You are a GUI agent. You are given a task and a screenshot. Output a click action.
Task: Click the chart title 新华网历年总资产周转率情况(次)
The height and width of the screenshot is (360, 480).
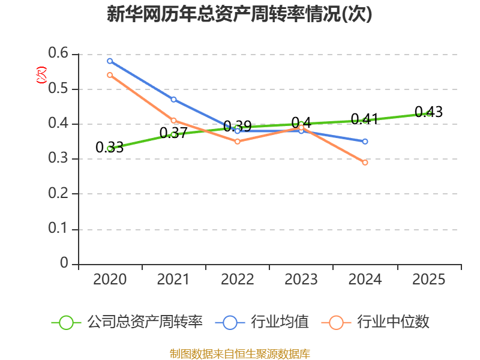click(x=239, y=14)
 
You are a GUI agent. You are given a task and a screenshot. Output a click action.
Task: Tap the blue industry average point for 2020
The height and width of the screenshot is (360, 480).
click(x=110, y=61)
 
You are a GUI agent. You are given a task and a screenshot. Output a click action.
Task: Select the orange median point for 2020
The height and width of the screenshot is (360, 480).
click(x=110, y=75)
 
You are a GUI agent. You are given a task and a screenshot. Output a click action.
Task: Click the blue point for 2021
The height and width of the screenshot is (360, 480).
click(x=173, y=100)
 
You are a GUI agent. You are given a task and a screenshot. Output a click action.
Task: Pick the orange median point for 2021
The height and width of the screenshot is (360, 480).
click(x=173, y=121)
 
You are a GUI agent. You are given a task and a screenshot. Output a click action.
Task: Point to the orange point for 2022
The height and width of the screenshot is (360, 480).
click(x=238, y=142)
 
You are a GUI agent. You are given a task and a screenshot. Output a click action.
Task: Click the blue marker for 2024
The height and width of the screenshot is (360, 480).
click(x=365, y=142)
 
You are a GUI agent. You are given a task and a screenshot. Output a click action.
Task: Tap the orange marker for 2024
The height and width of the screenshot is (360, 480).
click(x=365, y=163)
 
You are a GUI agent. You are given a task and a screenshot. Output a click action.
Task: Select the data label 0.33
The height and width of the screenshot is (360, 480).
click(x=110, y=147)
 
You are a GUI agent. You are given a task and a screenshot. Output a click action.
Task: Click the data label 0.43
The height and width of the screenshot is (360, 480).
click(x=428, y=112)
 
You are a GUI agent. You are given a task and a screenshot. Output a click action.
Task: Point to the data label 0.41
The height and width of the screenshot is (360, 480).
click(x=365, y=119)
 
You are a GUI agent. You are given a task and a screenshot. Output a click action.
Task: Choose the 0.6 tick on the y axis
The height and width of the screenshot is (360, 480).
click(x=58, y=53)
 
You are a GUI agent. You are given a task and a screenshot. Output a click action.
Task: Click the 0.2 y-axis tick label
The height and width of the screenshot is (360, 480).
click(x=58, y=193)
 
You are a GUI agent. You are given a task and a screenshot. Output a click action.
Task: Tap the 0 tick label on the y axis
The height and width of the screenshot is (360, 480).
click(x=64, y=263)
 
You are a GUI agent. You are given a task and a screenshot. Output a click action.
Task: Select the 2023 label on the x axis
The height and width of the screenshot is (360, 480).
click(x=301, y=279)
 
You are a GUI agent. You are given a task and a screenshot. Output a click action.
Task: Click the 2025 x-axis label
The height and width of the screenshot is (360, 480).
click(x=428, y=279)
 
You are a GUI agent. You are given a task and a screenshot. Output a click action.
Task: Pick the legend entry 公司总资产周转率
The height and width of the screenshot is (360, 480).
click(x=127, y=322)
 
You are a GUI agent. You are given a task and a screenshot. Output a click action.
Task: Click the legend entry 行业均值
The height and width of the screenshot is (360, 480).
click(x=262, y=322)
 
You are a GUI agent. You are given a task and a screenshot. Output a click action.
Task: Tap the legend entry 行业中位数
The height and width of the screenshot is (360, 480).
click(x=376, y=322)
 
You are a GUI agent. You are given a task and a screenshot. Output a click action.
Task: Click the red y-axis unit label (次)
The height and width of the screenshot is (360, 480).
click(x=41, y=74)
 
